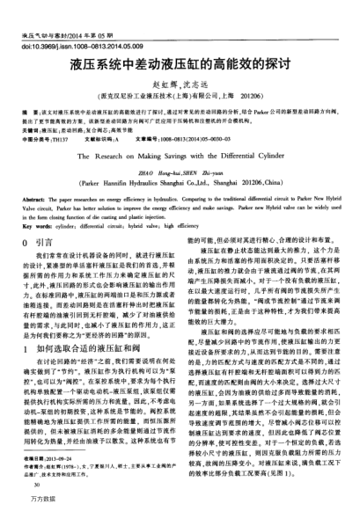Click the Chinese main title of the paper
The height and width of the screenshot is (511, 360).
(x=180, y=65)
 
